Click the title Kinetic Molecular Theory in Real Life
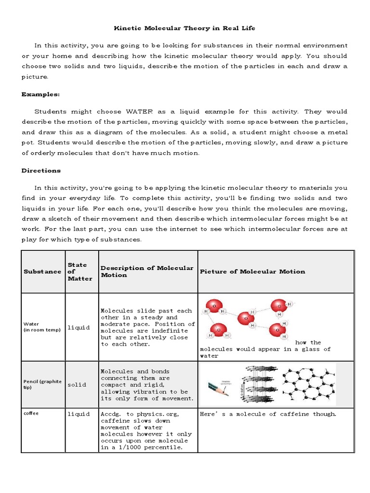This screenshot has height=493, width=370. tap(185, 28)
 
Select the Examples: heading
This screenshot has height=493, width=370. tap(40, 94)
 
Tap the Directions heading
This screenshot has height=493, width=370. tap(41, 170)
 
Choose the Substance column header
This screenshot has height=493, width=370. tap(42, 272)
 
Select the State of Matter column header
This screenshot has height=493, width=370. tap(80, 272)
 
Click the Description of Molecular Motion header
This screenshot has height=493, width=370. tap(147, 272)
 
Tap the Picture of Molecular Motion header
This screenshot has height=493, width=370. tap(252, 272)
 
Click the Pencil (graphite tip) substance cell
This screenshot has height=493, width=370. tap(42, 384)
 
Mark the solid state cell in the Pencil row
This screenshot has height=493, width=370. tap(77, 385)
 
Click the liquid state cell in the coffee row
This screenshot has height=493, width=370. tap(79, 414)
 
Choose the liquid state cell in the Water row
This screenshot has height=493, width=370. tap(79, 328)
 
